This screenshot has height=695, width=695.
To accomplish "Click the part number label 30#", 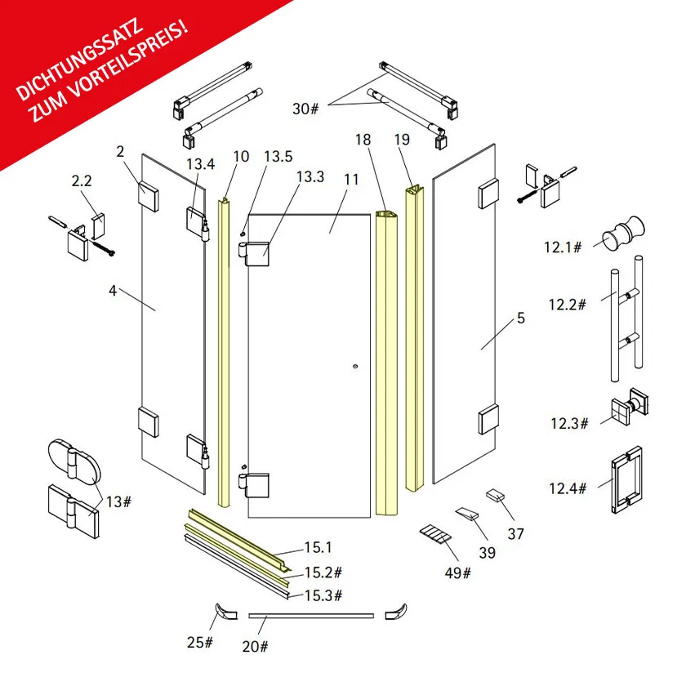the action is click(305, 109).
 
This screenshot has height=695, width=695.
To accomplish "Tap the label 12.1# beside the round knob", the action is click(563, 247).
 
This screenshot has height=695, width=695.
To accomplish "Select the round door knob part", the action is click(623, 233).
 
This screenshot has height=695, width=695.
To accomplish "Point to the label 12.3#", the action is click(569, 423).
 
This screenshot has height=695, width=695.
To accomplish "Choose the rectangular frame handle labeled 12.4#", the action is click(626, 480).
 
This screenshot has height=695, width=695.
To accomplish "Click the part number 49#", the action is click(458, 572).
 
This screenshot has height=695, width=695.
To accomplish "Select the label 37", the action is click(515, 533).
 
